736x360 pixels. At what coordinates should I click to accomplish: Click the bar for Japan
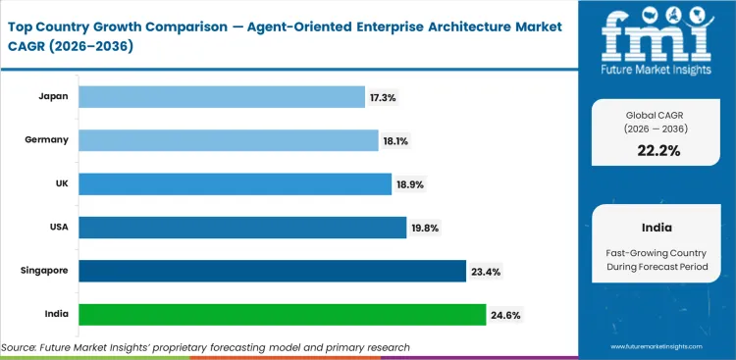pyautogui.click(x=221, y=96)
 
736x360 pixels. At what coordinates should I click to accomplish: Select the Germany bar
pyautogui.click(x=228, y=140)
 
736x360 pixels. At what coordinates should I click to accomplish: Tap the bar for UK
pyautogui.click(x=235, y=183)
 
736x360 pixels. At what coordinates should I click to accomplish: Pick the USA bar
pyautogui.click(x=241, y=228)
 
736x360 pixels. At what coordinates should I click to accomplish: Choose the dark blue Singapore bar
pyautogui.click(x=272, y=271)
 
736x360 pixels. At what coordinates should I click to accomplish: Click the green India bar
pyautogui.click(x=282, y=314)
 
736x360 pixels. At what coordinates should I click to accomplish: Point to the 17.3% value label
pyautogui.click(x=384, y=96)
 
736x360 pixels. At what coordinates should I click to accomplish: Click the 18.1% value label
pyautogui.click(x=395, y=140)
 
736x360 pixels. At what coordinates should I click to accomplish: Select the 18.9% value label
pyautogui.click(x=408, y=183)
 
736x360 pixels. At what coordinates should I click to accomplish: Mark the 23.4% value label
pyautogui.click(x=485, y=271)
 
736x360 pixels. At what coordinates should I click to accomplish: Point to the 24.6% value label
pyautogui.click(x=504, y=314)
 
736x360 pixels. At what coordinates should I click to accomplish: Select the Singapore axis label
pyautogui.click(x=43, y=271)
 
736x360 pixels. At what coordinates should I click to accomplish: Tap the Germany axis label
pyautogui.click(x=46, y=140)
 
